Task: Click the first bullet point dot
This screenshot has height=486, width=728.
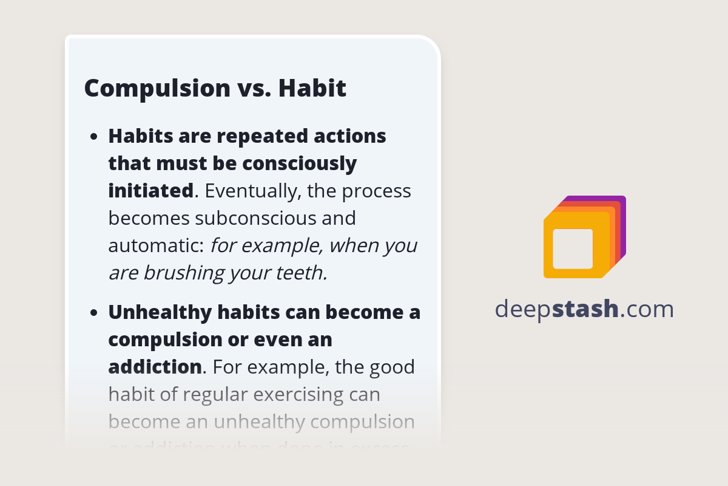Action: [x=94, y=137]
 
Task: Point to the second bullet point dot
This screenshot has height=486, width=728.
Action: [x=94, y=313]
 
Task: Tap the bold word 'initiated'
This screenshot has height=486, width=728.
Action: [x=150, y=191]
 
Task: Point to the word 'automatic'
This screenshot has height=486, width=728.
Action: [x=155, y=245]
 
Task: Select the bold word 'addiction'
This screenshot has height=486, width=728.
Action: [x=155, y=367]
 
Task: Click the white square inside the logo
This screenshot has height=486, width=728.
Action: [x=573, y=248]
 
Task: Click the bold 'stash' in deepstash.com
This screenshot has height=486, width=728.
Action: [x=587, y=309]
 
